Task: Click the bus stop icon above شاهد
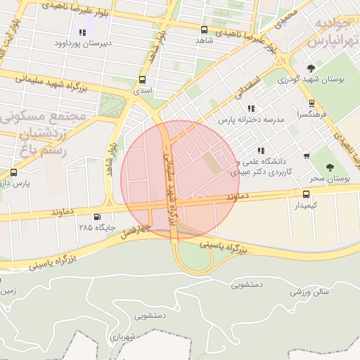pyautogui.click(x=204, y=30)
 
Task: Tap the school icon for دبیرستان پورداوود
pyautogui.click(x=83, y=32)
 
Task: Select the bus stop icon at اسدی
pyautogui.click(x=143, y=79)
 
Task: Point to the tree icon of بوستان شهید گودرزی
pyautogui.click(x=311, y=69)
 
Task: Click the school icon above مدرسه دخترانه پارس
pyautogui.click(x=251, y=108)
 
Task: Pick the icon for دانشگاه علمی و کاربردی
pyautogui.click(x=262, y=150)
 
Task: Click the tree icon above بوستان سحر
pyautogui.click(x=330, y=167)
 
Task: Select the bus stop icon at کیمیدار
pyautogui.click(x=306, y=194)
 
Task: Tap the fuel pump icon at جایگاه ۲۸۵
pyautogui.click(x=96, y=217)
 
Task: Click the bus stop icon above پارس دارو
pyautogui.click(x=14, y=172)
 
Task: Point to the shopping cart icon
pyautogui.click(x=307, y=156)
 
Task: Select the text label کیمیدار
pyautogui.click(x=306, y=205)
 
